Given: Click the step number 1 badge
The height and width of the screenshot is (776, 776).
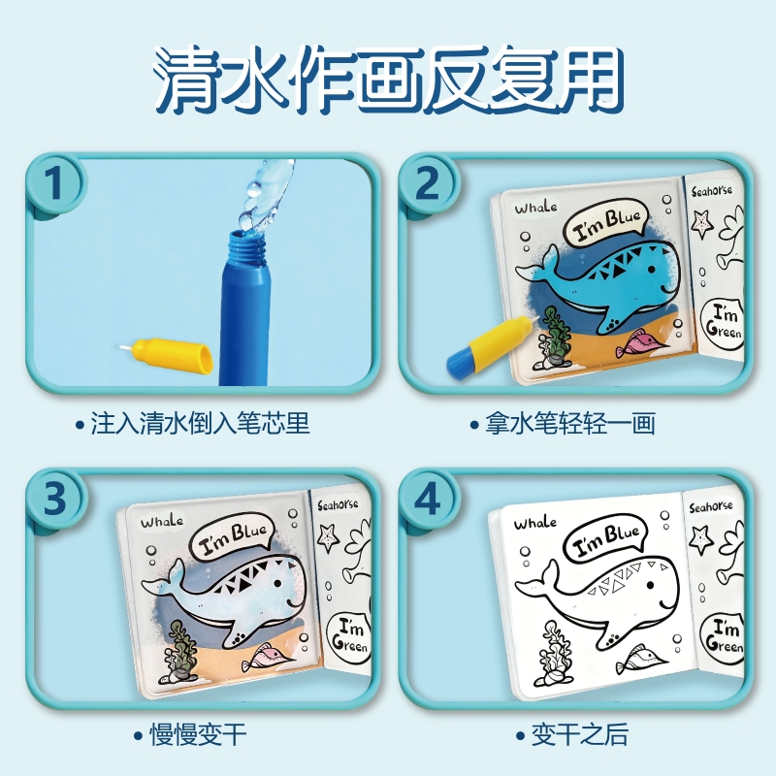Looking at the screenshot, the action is point(54,183).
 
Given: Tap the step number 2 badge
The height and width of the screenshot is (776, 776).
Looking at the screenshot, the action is point(427,183).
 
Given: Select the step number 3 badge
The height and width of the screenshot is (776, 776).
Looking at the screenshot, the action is point(54,498).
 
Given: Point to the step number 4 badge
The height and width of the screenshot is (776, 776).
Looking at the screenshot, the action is point(427,498).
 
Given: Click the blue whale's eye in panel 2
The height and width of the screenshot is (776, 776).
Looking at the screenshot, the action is point(652,270).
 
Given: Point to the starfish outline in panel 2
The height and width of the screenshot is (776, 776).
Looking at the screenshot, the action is point(702,224).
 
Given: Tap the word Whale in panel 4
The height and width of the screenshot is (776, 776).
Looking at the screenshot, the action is point(534,523).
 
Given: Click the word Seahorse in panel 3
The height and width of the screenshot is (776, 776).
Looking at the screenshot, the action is point(338,504).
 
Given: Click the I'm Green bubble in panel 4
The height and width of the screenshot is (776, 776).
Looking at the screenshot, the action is point(723,637).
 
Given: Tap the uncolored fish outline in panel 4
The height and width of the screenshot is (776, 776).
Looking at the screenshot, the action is point(637,660).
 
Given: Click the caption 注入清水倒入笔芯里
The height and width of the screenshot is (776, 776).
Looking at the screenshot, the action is point(200,424).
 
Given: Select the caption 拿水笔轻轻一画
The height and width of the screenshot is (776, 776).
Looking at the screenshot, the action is point(569,424).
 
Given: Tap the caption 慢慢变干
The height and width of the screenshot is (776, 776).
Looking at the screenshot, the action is point(198,734).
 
